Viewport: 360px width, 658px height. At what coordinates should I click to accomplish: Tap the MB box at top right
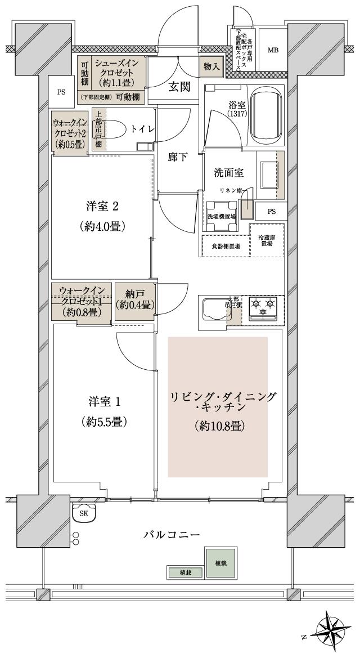click(273, 50)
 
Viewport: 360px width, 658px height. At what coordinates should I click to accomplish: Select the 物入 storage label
click(211, 66)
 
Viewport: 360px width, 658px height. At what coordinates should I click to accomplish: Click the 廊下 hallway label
click(178, 158)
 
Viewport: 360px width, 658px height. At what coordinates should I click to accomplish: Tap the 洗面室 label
click(227, 173)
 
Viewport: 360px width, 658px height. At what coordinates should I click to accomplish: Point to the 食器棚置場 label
click(226, 246)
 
